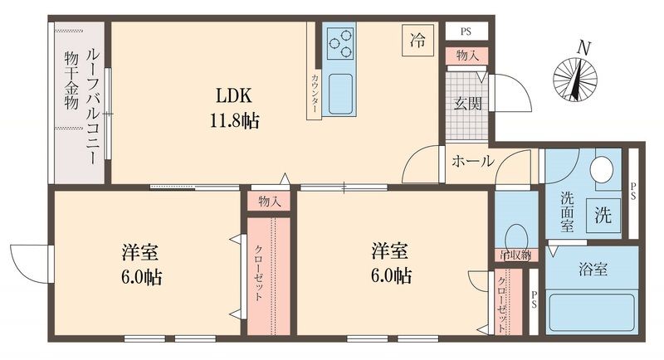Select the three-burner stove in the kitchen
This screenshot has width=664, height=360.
pyautogui.click(x=339, y=41)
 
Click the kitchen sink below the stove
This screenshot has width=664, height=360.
pyautogui.click(x=339, y=94)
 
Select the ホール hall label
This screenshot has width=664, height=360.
pyautogui.click(x=472, y=161)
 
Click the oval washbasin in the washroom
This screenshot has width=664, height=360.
pyautogui.click(x=602, y=170)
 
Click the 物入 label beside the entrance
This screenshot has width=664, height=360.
pyautogui.click(x=466, y=56)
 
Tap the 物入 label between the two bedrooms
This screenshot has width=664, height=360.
pyautogui.click(x=269, y=202)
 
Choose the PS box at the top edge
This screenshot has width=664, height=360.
pyautogui.click(x=466, y=32)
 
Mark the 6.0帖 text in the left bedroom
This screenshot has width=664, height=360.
pyautogui.click(x=141, y=277)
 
